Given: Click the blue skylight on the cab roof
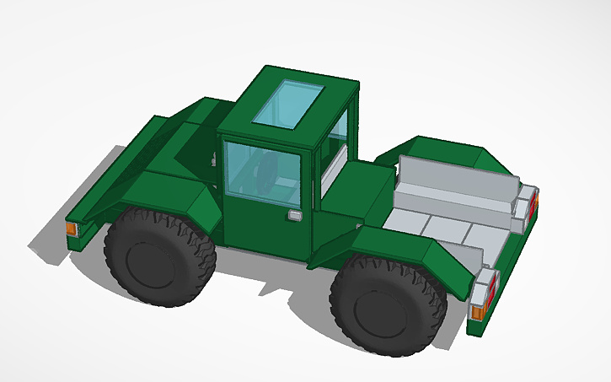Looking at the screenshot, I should coord(291,103).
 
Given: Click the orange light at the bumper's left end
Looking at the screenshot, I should coord(72,229).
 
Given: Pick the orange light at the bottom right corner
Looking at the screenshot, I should coord(477,312).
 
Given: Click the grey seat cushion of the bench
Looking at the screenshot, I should coord(451,203).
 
